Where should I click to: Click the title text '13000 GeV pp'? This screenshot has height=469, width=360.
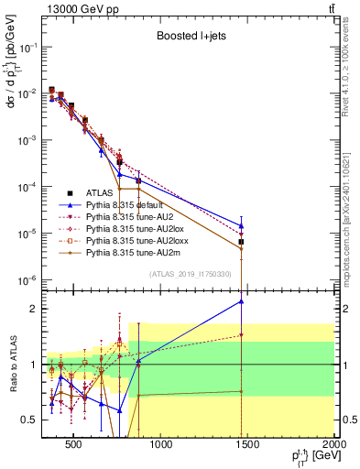coord(76,8)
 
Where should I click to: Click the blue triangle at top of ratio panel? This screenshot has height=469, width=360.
coord(241,300)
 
